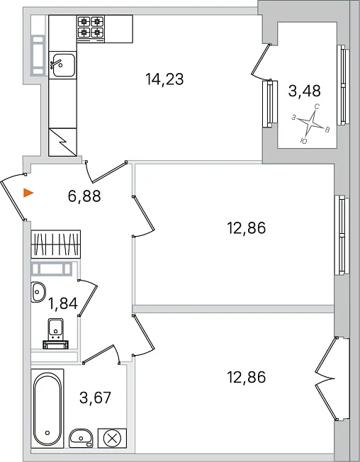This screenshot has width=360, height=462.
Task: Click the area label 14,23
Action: coord(164,79)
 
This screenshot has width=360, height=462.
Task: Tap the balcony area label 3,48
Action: coord(304,91)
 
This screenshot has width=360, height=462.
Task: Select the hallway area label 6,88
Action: coord(84,196)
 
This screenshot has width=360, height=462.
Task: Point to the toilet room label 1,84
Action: coord(63,303)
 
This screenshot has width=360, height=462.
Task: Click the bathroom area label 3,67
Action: coord(95,398)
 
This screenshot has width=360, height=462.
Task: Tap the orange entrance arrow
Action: coord(28,193)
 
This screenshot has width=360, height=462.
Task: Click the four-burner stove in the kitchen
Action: coord(91,26)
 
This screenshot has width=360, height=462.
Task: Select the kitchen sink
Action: coord(62,65)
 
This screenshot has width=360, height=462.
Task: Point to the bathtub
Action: coord(47,408)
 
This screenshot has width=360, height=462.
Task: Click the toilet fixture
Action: coord(56,334)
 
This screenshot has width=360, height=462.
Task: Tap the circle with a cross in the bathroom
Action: coord(112,438)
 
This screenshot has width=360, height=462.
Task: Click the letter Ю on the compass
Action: coord(304,141)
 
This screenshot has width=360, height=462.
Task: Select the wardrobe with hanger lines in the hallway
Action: coord(56,244)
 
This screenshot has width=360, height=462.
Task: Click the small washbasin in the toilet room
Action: coord(38,292)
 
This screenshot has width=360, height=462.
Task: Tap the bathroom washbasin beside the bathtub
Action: coord(81,438)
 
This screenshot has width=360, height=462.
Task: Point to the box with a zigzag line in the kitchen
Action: coord(62,142)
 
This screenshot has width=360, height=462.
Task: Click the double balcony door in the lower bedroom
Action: coord(326,379)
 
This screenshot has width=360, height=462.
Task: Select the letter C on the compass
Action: coord(317,107)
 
